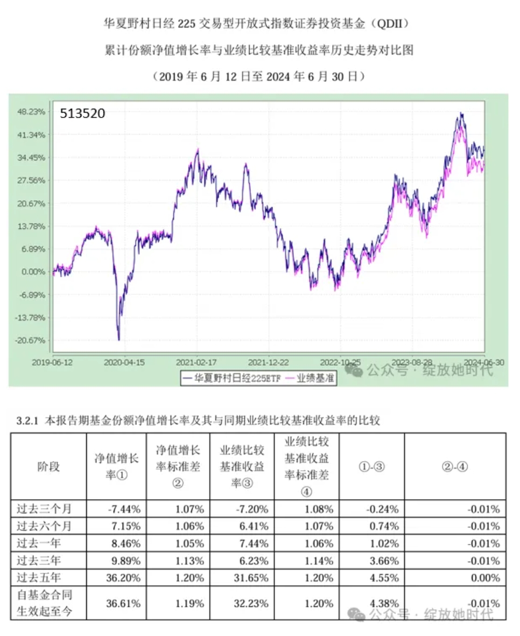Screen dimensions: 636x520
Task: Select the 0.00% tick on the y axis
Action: (32, 272)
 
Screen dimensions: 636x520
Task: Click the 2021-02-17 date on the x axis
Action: (196, 362)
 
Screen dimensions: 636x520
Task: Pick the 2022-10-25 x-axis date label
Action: (340, 362)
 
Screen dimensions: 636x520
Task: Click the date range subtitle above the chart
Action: (259, 76)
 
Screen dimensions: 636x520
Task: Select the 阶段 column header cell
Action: (48, 466)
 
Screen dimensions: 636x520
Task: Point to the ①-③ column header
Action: (371, 467)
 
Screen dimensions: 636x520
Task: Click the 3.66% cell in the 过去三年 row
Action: (385, 561)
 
